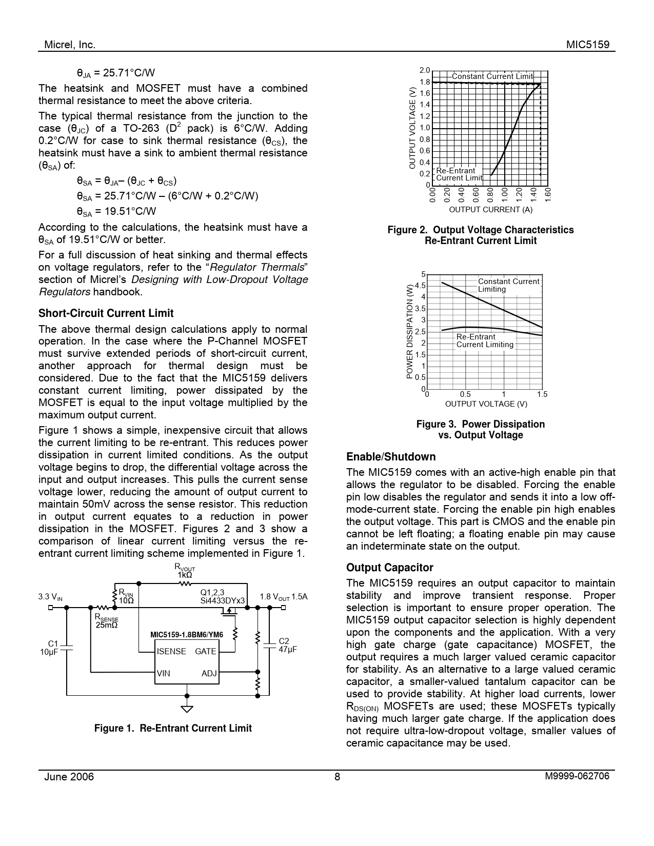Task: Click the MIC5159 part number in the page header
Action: click(587, 45)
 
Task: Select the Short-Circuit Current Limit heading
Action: click(106, 313)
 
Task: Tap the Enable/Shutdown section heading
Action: click(390, 457)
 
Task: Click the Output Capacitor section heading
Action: click(389, 568)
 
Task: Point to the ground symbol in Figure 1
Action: click(187, 709)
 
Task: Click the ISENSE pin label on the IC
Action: click(171, 651)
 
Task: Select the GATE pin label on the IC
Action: click(205, 651)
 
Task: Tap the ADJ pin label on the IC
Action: click(209, 673)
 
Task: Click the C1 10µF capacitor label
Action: click(49, 647)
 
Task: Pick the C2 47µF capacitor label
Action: click(287, 645)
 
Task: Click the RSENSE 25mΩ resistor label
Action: click(106, 621)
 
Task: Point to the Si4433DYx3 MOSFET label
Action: click(223, 600)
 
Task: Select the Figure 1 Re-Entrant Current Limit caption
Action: click(173, 728)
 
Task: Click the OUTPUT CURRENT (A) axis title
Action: click(490, 209)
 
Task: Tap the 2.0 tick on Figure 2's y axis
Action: click(425, 70)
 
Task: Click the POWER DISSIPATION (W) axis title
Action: click(409, 332)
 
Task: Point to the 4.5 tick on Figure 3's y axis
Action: click(420, 286)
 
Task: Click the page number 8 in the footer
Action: click(337, 776)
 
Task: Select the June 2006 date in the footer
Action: click(69, 776)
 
